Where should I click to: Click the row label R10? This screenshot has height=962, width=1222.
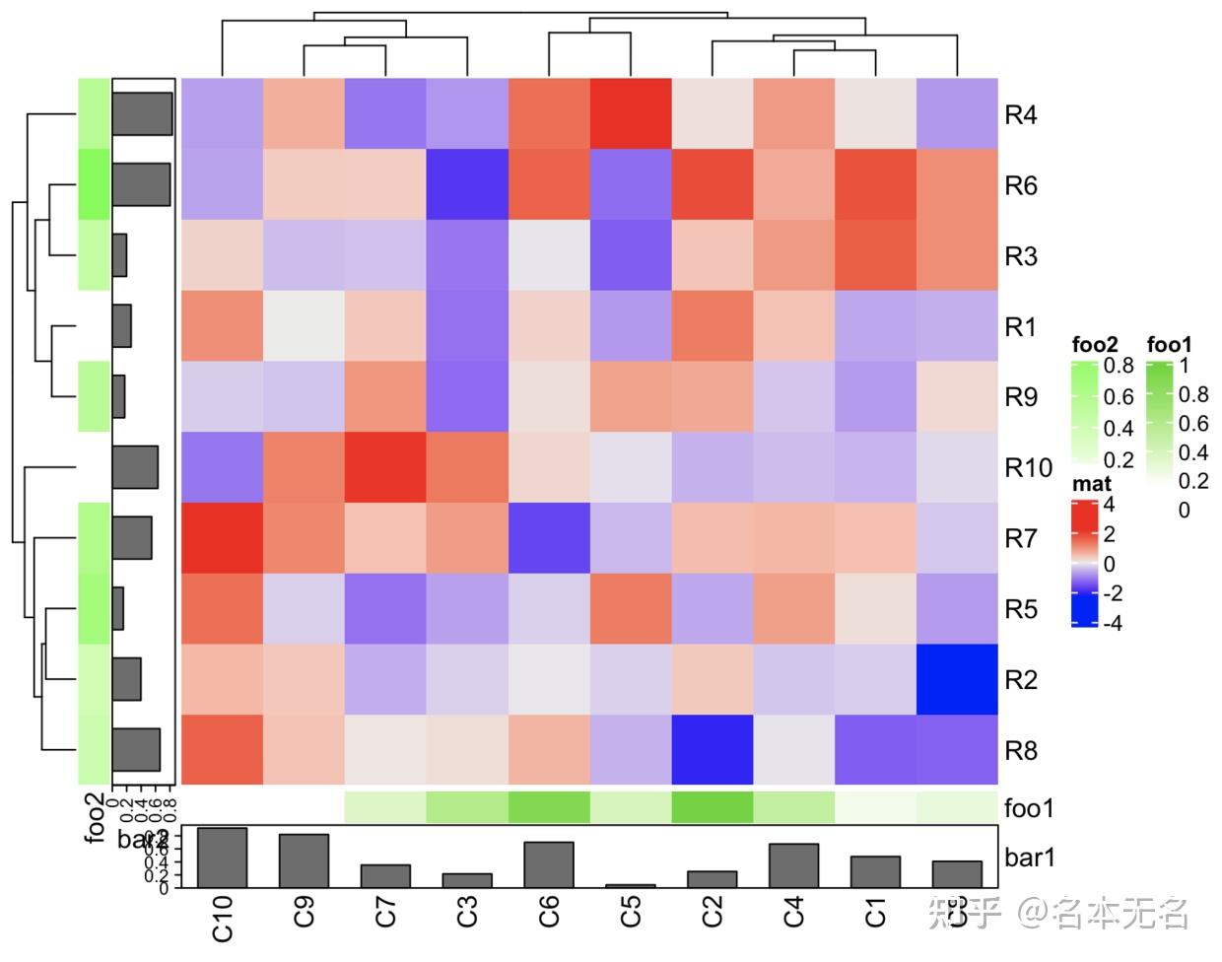[1028, 467]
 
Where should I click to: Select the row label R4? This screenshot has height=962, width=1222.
[1020, 114]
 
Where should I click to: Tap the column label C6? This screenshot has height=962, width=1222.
[549, 911]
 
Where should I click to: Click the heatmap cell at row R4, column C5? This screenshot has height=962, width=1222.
[631, 114]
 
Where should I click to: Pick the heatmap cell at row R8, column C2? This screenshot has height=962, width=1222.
[713, 750]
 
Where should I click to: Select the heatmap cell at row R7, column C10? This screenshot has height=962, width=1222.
[223, 538]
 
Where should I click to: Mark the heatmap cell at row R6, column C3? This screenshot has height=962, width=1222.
[467, 185]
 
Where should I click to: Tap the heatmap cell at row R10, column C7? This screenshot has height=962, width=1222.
[385, 467]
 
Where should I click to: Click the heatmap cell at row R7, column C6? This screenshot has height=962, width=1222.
[549, 538]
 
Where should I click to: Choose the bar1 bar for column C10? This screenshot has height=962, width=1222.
[223, 858]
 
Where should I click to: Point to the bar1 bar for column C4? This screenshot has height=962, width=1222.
[793, 865]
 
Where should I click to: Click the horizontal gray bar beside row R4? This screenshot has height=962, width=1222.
[142, 114]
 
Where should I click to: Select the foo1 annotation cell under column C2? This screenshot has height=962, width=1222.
[713, 807]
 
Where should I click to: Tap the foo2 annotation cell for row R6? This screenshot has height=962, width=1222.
[94, 185]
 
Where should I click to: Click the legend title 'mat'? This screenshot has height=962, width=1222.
[1091, 484]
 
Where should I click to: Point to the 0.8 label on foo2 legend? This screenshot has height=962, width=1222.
[1119, 366]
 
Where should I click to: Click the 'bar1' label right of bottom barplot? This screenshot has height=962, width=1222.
[1030, 858]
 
